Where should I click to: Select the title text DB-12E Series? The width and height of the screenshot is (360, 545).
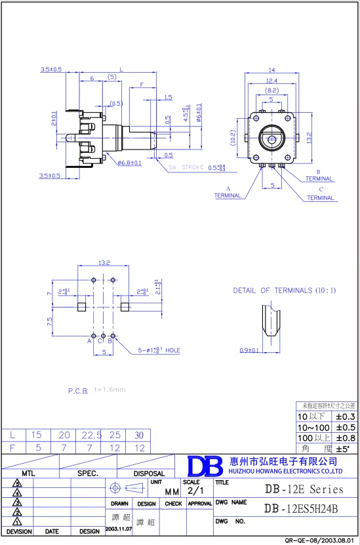pyautogui.click(x=304, y=489)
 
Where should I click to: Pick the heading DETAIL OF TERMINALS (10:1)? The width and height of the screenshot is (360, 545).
pyautogui.click(x=284, y=290)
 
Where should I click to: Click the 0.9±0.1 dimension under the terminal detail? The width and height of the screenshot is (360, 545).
pyautogui.click(x=249, y=350)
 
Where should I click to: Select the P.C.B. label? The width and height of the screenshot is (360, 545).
pyautogui.click(x=78, y=390)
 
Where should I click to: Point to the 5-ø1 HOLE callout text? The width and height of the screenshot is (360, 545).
pyautogui.click(x=158, y=350)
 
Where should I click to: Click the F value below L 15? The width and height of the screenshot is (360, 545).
pyautogui.click(x=37, y=447)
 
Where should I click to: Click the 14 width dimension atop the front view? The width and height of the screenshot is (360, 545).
pyautogui.click(x=271, y=70)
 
